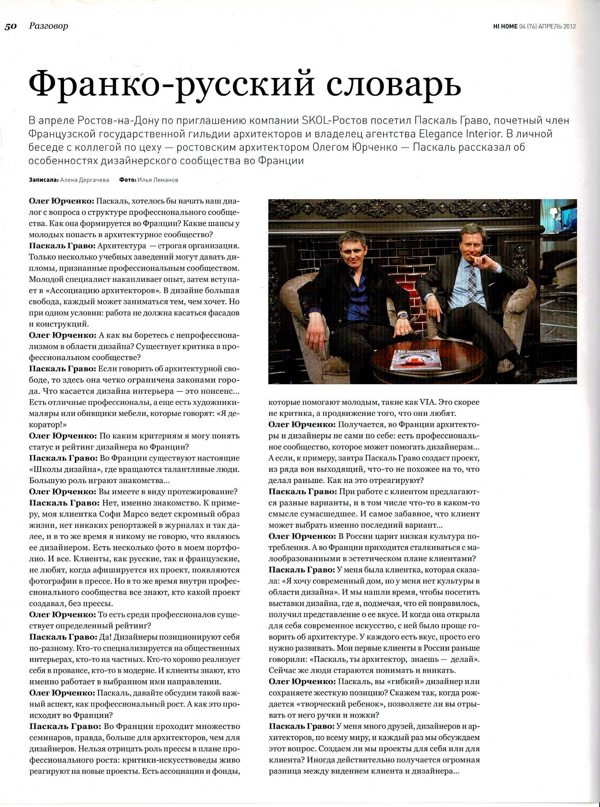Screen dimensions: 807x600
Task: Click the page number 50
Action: coord(11,26)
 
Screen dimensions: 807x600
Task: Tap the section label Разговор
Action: coord(48,26)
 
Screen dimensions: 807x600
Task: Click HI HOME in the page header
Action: coord(505,26)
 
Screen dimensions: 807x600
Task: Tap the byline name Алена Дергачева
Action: coord(84,180)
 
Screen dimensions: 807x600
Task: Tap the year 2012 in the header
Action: coord(568,26)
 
